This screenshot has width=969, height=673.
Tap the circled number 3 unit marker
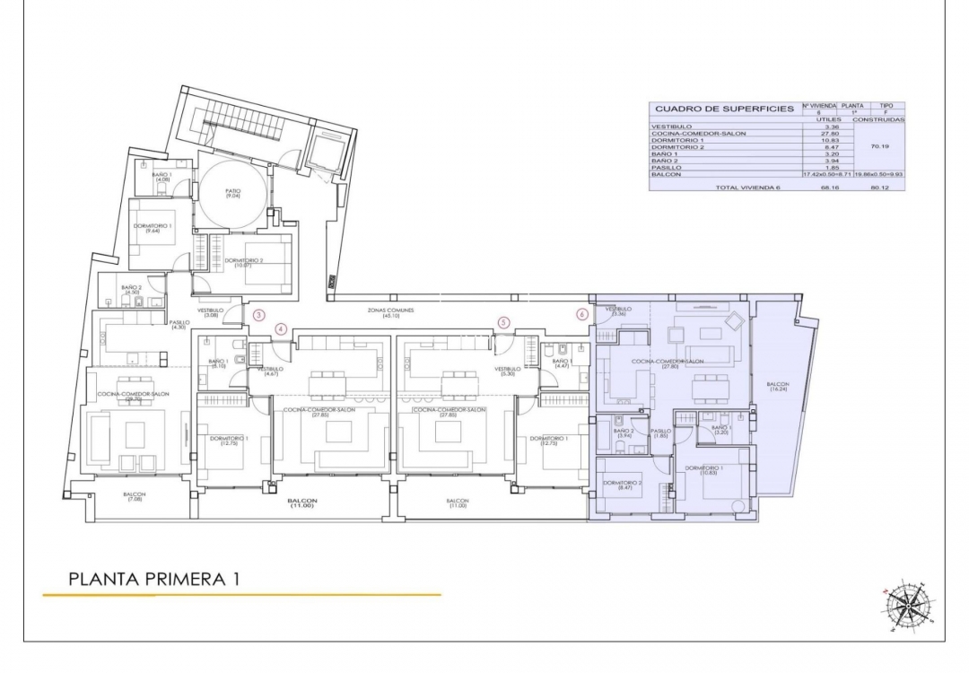pos(258,315)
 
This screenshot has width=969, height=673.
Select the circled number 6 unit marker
pos(582,315)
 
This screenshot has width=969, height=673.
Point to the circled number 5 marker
pos(503,322)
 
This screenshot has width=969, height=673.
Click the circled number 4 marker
pos(281,329)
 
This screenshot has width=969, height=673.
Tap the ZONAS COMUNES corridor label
pos(390,311)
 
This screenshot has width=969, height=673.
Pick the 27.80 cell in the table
pos(816,133)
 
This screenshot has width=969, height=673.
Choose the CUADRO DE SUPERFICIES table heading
pos(723,109)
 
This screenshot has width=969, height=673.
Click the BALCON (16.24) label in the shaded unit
pos(778,388)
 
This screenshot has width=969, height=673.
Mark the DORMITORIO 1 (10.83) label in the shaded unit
pos(704,470)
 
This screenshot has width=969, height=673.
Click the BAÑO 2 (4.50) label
pos(132,290)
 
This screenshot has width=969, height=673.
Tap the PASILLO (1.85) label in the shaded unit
pos(661,433)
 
